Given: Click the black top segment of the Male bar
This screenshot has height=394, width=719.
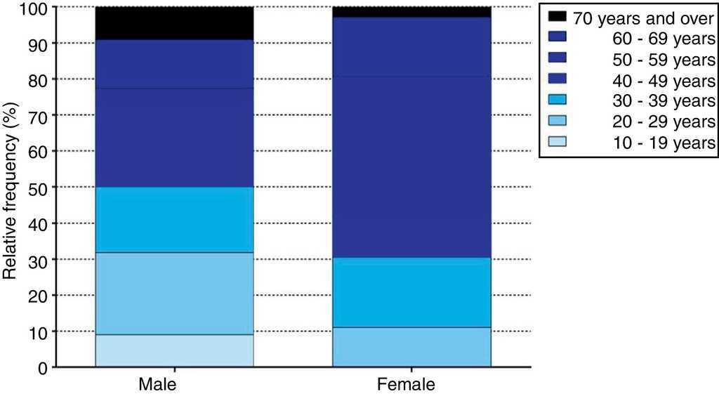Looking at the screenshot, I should [174, 23].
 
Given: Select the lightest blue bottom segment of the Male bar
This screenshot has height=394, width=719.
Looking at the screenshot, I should [174, 350].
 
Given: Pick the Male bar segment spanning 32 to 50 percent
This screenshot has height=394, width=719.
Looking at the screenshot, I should [174, 219].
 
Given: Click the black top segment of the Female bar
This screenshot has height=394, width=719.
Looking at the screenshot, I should [411, 12].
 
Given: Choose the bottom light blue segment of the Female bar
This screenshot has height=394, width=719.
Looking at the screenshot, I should [411, 347].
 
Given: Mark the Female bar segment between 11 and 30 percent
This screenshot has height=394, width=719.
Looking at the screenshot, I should [411, 292].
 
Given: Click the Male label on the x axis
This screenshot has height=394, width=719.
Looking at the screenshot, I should [157, 385].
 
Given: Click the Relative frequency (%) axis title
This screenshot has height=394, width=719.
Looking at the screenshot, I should [11, 188].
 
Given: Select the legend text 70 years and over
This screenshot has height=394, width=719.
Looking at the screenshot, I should [644, 17].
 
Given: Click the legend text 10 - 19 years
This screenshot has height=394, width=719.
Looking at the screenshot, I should [664, 143].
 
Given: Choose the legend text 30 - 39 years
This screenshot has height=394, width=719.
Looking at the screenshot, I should [664, 100].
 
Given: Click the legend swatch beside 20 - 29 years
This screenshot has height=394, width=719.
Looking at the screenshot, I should [556, 121].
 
